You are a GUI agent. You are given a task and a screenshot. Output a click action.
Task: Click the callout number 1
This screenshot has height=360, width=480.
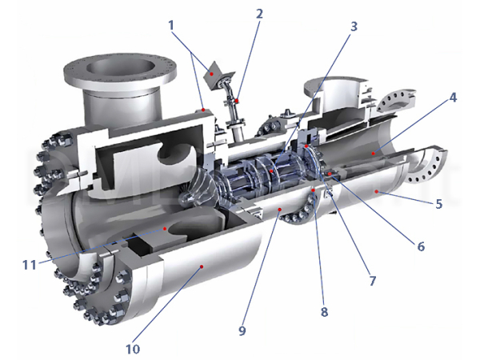pyautogui.click(x=171, y=26)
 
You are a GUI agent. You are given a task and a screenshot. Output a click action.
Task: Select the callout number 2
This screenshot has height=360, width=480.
pyautogui.click(x=259, y=14)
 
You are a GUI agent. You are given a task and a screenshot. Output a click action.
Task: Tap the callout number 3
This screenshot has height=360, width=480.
pyautogui.click(x=354, y=26)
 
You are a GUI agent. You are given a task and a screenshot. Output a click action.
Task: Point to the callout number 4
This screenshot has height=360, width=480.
pyautogui.click(x=453, y=98)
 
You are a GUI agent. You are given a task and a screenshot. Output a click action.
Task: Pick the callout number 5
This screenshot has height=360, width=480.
pyautogui.click(x=438, y=203)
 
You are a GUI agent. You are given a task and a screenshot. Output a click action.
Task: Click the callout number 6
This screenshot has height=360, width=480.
pyautogui.click(x=421, y=246)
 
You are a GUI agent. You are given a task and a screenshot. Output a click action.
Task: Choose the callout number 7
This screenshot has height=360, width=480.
pyautogui.click(x=372, y=281)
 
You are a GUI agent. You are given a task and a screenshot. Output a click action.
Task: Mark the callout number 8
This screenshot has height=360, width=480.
pyautogui.click(x=324, y=312)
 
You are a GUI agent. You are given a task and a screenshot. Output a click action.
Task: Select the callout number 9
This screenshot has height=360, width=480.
pyautogui.click(x=242, y=330)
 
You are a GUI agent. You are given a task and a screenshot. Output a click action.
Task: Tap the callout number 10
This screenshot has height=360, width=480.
pyautogui.click(x=133, y=349)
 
